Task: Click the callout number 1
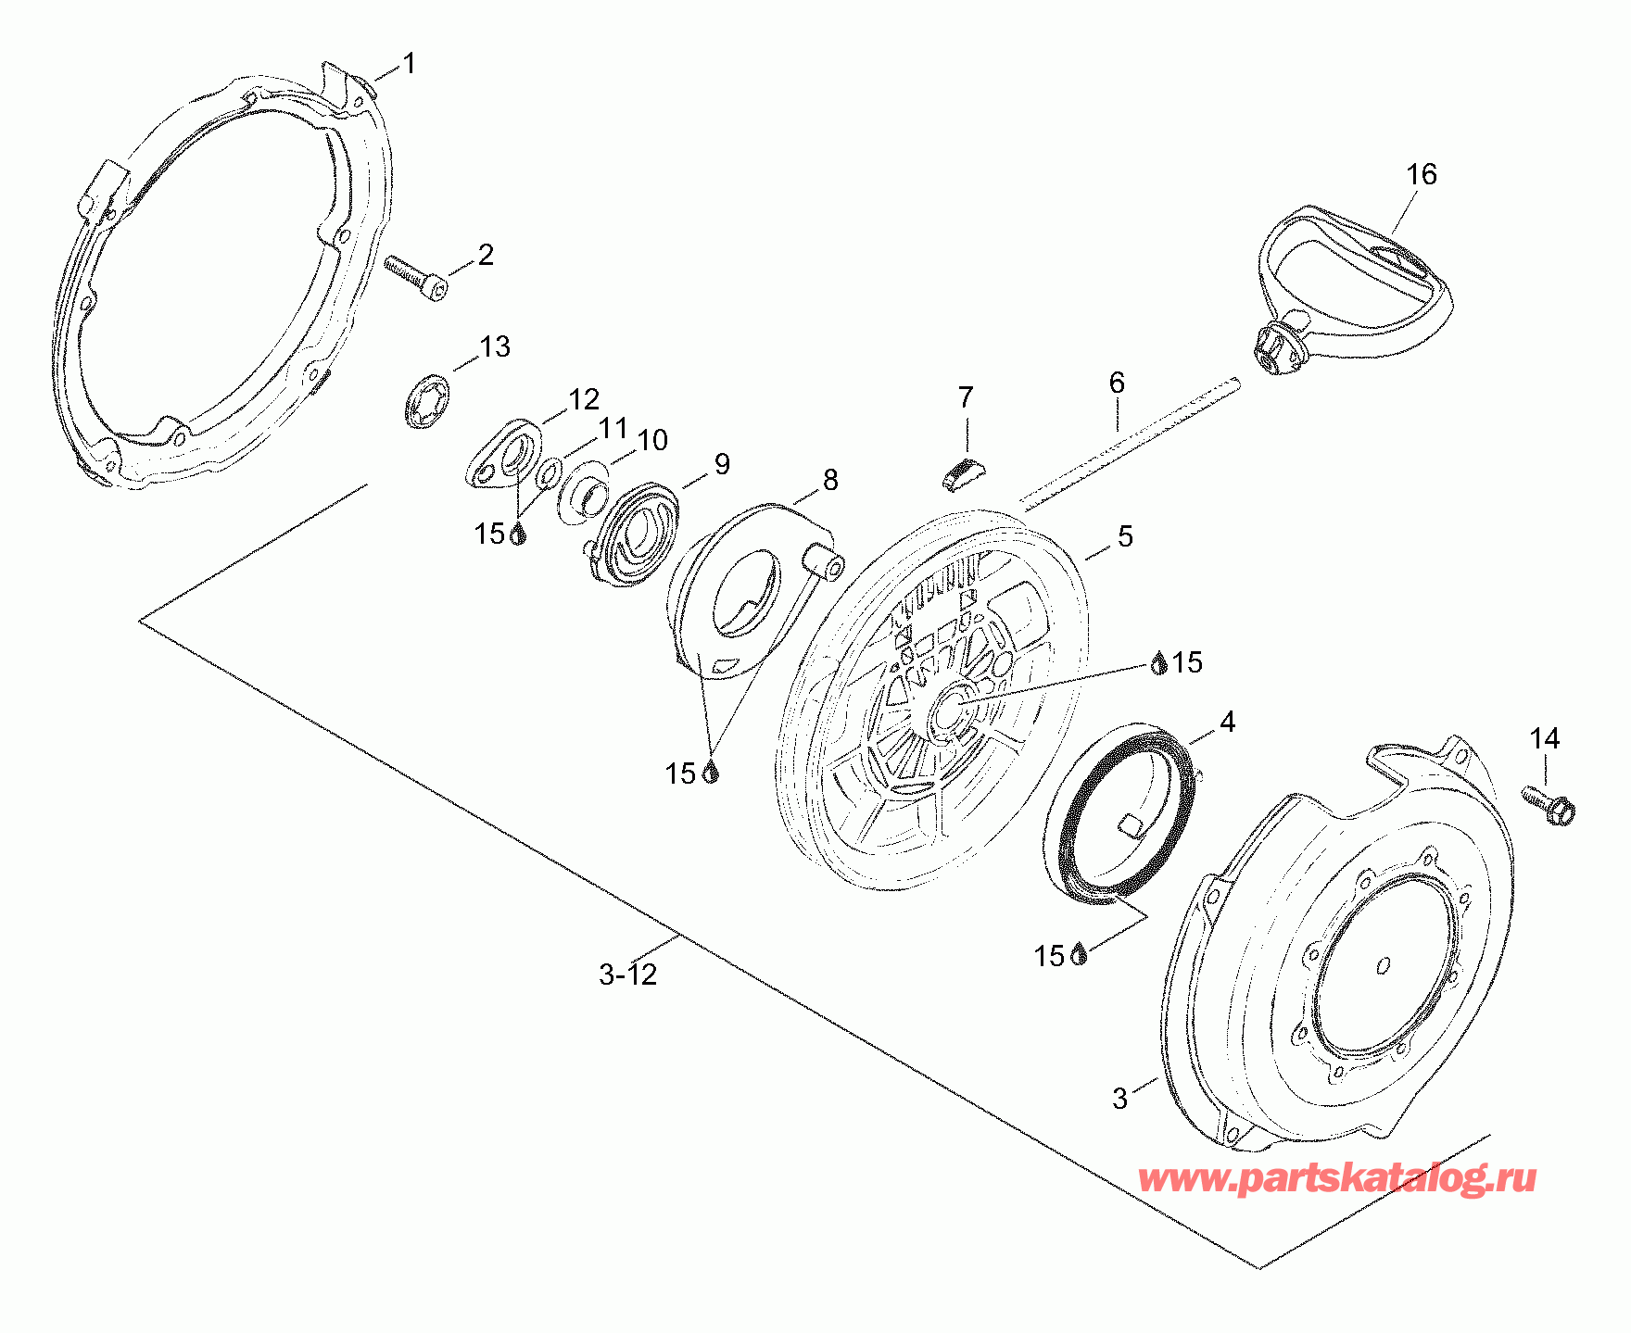tap(409, 64)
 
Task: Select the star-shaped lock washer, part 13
tap(427, 400)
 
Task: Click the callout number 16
tap(1421, 174)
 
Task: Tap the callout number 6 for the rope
tap(1117, 383)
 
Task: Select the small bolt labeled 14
tap(1548, 804)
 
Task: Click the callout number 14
tap(1545, 738)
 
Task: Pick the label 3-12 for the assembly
tap(628, 975)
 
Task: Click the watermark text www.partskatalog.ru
tap(1337, 1178)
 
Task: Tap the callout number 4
tap(1227, 722)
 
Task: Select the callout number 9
tap(722, 464)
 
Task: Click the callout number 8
tap(830, 480)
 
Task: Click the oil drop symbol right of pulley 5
tap(1159, 661)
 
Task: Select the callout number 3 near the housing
tap(1120, 1099)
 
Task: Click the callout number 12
tap(584, 399)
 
